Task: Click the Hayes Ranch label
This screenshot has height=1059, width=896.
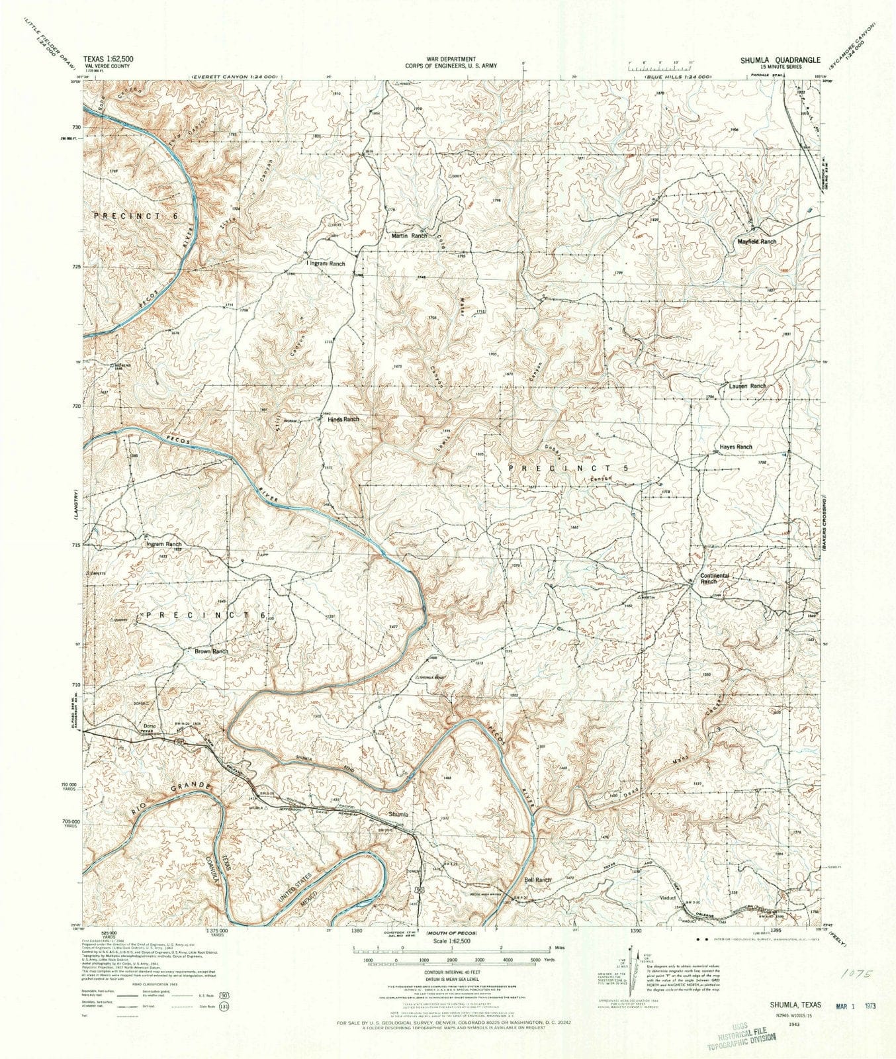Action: [735, 447]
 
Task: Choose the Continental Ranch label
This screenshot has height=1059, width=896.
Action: [714, 578]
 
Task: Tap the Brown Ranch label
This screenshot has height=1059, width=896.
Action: [211, 651]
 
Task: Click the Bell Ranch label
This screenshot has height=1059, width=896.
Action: [537, 880]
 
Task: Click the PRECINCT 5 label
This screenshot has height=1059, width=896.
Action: [567, 467]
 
